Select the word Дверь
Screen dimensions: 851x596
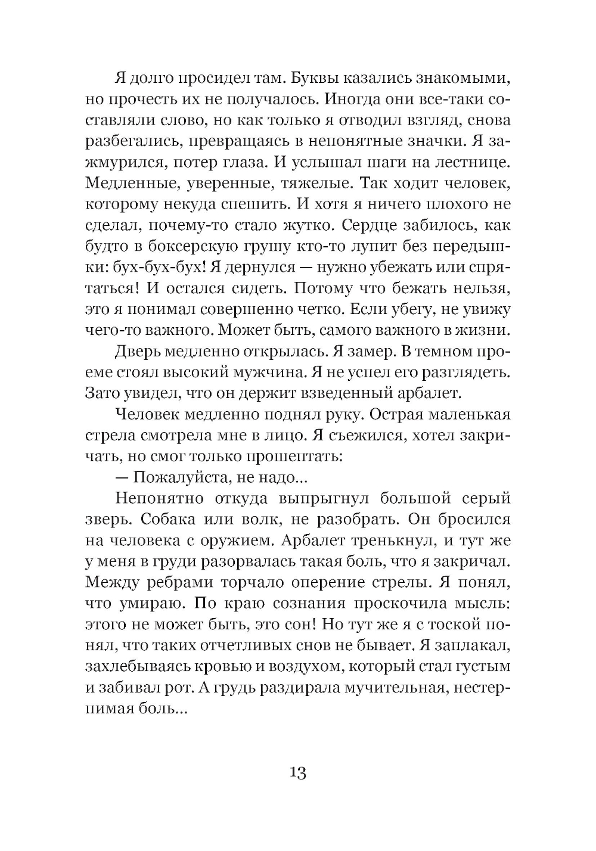(138, 352)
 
